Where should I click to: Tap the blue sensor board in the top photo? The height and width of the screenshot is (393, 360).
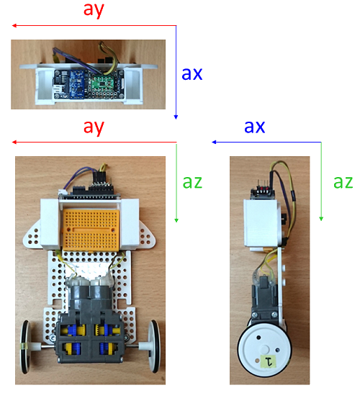click(x=78, y=84)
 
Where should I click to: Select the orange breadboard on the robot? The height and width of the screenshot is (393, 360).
click(x=91, y=230)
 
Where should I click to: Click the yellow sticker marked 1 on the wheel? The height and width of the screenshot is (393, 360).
click(x=269, y=361)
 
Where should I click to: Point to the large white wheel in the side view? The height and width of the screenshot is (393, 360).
click(x=264, y=350)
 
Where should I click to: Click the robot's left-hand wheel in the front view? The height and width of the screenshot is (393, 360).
click(x=26, y=347)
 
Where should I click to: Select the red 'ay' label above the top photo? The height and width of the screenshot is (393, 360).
click(x=94, y=10)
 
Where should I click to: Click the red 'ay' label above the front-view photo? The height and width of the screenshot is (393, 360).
click(x=94, y=127)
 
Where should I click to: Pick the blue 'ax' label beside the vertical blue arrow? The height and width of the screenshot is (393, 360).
click(x=192, y=73)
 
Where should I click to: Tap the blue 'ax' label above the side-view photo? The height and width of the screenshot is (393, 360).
click(x=254, y=127)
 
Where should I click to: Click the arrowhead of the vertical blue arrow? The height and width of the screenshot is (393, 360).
click(x=176, y=117)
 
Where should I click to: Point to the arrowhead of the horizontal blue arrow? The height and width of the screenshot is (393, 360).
click(x=214, y=142)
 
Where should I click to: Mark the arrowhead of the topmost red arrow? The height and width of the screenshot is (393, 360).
click(x=14, y=26)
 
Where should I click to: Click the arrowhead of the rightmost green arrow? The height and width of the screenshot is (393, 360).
click(x=321, y=219)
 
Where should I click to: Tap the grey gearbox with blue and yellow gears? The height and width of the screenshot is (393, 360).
click(x=91, y=337)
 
